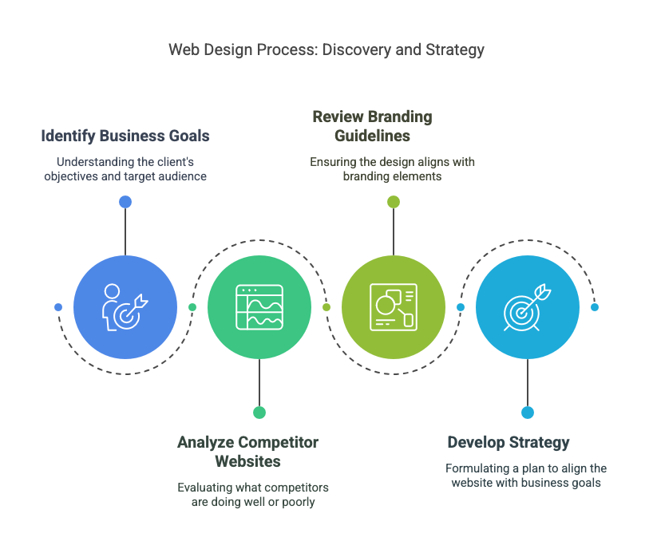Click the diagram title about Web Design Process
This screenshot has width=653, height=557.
[x=326, y=49]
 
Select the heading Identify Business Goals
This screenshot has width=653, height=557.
[x=125, y=136]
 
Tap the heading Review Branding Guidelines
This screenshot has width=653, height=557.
[x=372, y=126]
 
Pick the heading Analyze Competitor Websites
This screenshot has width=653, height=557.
[x=247, y=452]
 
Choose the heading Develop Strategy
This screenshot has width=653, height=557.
[x=509, y=442]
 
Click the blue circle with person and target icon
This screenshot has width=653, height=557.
[x=125, y=307]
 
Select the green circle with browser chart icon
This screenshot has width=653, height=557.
[x=259, y=307]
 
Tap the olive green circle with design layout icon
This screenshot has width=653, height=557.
[x=394, y=307]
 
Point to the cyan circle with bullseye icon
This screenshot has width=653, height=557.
[x=528, y=307]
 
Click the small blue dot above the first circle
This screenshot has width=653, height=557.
[x=125, y=202]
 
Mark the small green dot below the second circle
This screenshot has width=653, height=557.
[x=259, y=413]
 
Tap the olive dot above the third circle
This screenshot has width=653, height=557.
[x=394, y=202]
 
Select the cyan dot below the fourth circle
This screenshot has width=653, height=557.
[x=528, y=413]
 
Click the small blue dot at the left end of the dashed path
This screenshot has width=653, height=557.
[x=58, y=307]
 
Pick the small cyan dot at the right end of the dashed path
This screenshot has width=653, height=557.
[x=595, y=307]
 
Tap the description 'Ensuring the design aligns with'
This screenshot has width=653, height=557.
[x=393, y=162]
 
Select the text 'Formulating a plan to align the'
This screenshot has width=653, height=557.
[x=526, y=468]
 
